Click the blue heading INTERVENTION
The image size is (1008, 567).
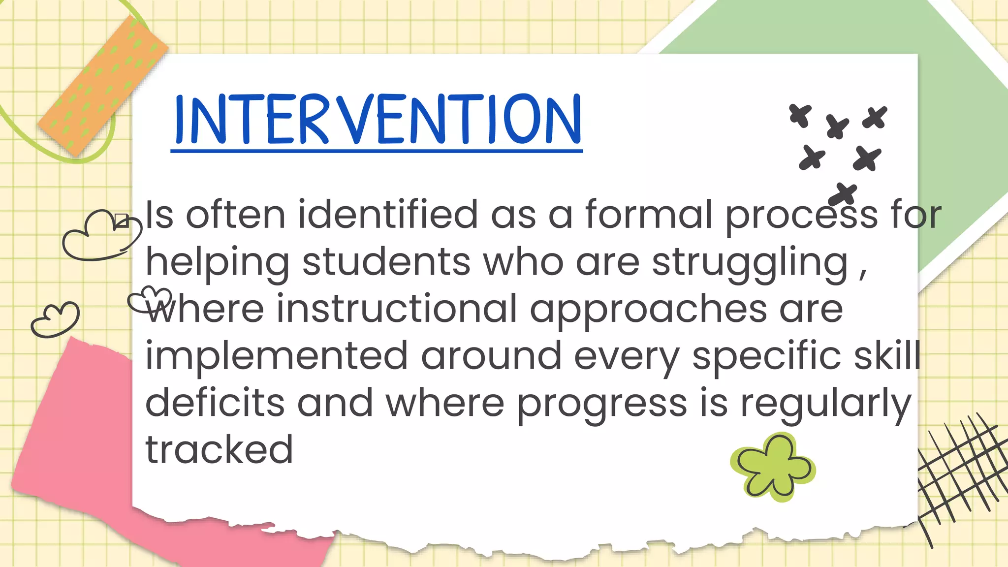[378, 120]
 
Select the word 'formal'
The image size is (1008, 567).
[648, 215]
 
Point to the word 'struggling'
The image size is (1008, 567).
[750, 263]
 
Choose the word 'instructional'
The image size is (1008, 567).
[397, 309]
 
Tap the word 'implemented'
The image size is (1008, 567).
[277, 356]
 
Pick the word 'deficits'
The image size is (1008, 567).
[215, 403]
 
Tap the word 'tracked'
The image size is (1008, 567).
[220, 450]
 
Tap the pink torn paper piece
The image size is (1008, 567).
[74, 443]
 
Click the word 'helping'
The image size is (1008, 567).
[217, 263]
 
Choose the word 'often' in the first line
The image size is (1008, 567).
[235, 215]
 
